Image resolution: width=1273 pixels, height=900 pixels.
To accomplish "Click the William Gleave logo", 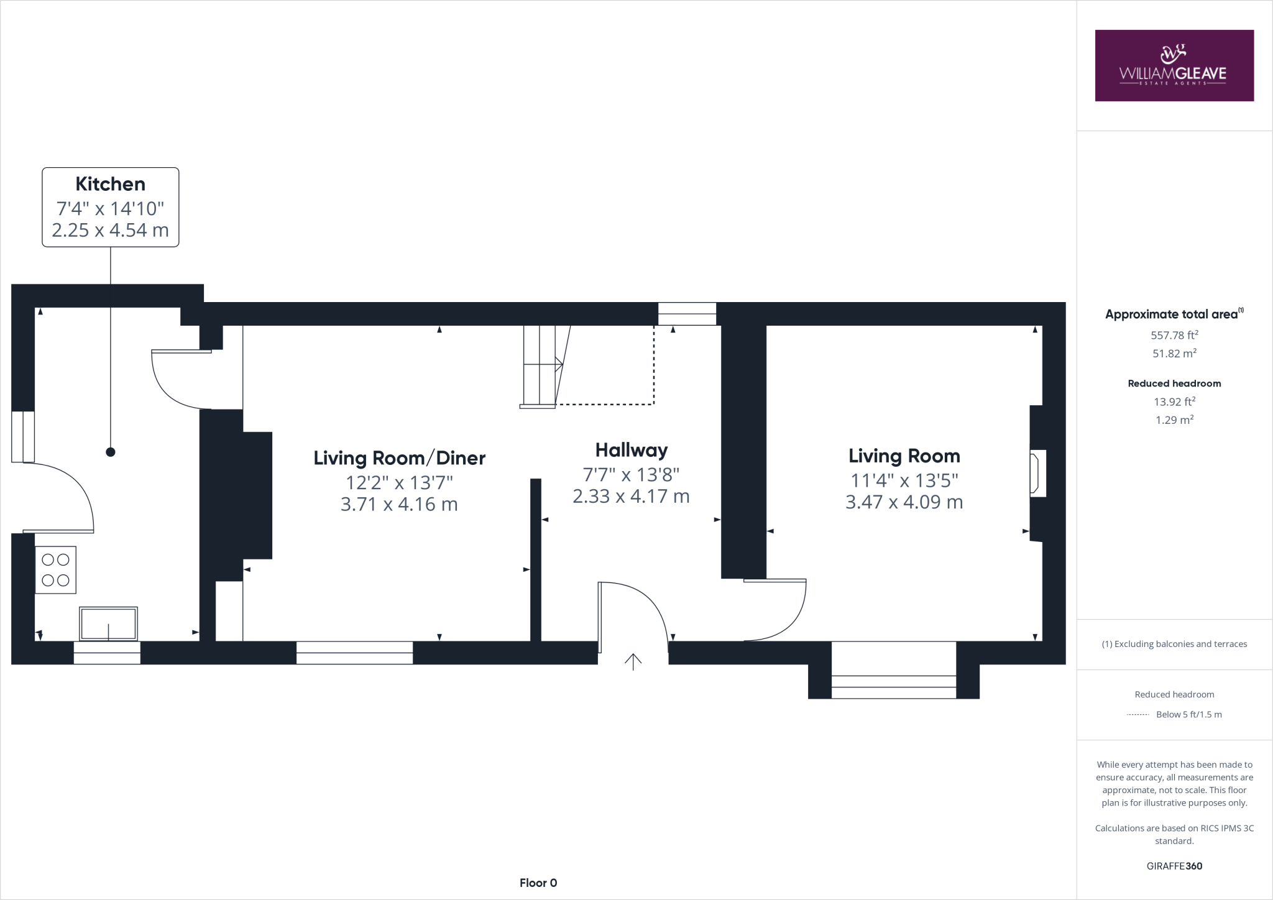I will (1174, 66).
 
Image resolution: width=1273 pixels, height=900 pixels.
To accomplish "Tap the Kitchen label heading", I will (111, 184).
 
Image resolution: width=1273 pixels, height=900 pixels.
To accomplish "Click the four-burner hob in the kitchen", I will (55, 570).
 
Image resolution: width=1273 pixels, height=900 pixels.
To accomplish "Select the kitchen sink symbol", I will (109, 623).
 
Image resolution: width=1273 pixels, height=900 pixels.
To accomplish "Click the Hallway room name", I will (631, 450).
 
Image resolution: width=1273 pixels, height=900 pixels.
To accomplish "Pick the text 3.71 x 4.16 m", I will (399, 504).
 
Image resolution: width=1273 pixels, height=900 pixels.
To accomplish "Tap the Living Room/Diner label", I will (399, 458).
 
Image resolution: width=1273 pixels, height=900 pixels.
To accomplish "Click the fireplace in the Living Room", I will (1037, 474).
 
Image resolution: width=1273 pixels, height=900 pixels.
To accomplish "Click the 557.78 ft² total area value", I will (1174, 335).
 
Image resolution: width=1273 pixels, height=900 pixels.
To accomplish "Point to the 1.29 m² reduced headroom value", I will (1174, 420).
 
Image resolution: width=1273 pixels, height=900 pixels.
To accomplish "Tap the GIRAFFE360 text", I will (1174, 866).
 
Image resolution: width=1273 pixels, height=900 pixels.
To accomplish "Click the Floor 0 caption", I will (538, 883).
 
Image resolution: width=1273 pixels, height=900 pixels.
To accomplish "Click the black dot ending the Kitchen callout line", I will (111, 452).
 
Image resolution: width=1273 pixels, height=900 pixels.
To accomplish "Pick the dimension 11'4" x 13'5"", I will (904, 480).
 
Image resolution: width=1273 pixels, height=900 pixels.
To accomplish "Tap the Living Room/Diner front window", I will (354, 653).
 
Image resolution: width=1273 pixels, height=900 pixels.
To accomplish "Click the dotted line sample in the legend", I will (1137, 715).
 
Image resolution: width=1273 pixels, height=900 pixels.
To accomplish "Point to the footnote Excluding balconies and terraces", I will (1174, 644).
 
